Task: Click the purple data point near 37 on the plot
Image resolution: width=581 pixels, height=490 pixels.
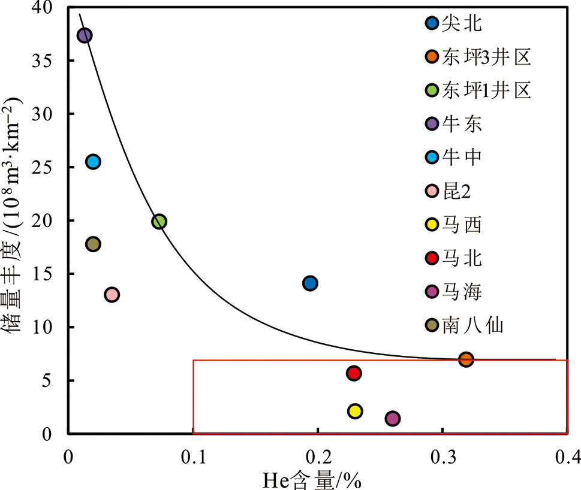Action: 85,35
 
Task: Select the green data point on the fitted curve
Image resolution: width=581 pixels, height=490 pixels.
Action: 159,222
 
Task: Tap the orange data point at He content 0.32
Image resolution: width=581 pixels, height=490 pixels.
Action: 466,359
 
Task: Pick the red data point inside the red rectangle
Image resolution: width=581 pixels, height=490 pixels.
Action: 354,373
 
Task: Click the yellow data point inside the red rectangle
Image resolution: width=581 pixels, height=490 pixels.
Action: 354,411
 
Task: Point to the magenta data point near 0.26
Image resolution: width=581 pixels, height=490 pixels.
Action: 392,418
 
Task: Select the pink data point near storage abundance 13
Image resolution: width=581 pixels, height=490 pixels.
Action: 112,294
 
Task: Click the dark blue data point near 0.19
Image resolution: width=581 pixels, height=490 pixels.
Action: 310,283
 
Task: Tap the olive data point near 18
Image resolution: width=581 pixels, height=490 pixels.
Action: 93,244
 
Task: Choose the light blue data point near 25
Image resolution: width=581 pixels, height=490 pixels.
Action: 93,161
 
